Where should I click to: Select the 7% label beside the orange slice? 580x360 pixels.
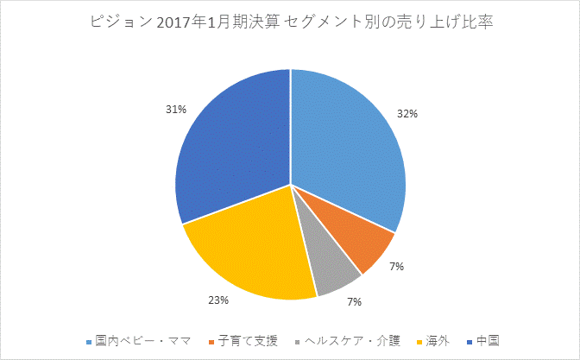coord(396,268)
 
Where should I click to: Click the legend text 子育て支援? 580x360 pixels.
coord(249,340)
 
